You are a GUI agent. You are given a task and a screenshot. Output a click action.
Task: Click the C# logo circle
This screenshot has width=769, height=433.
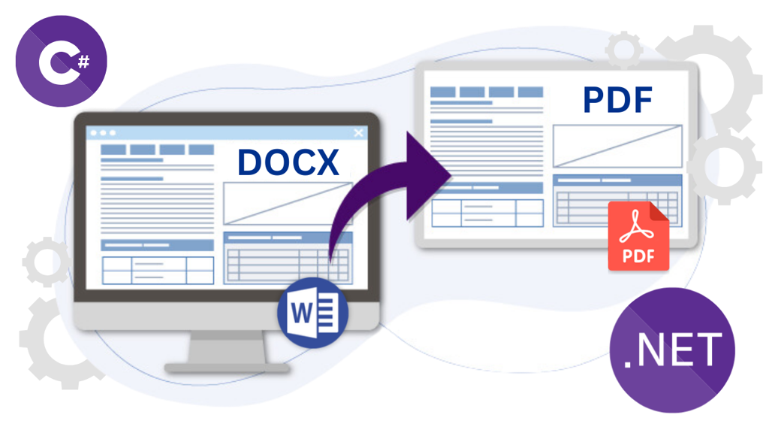pyautogui.click(x=61, y=61)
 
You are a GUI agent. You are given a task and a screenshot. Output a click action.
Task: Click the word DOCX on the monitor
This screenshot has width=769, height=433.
pyautogui.click(x=288, y=163)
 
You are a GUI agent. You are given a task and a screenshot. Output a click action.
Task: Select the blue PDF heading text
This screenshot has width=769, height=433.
pyautogui.click(x=617, y=99)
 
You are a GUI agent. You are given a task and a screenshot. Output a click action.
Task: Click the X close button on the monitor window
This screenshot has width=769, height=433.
pyautogui.click(x=358, y=133)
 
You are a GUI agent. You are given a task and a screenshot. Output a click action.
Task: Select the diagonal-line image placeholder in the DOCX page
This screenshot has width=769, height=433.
pyautogui.click(x=287, y=204)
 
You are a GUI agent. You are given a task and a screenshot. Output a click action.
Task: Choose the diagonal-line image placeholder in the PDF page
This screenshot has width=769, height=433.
pyautogui.click(x=617, y=146)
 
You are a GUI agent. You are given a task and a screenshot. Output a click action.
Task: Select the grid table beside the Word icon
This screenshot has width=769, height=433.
pyautogui.click(x=287, y=258)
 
